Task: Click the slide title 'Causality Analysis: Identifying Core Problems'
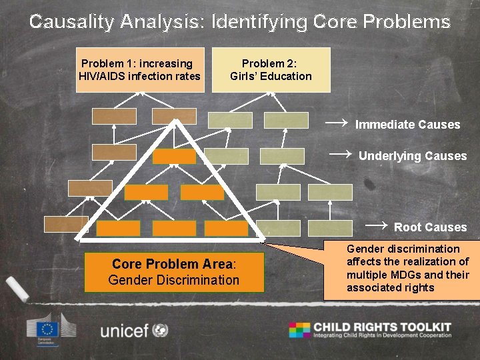tap(240, 21)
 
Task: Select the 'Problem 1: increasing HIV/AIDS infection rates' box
tap(139, 69)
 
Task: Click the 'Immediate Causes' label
tap(407, 125)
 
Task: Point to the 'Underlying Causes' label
tap(413, 156)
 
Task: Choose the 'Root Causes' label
tap(430, 227)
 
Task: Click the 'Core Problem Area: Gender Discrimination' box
tap(173, 272)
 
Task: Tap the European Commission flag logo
tap(47, 329)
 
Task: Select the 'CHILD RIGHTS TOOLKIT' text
tap(382, 327)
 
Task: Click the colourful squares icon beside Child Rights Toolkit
tap(299, 329)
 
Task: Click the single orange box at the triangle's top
tap(174, 157)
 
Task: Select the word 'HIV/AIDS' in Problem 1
tap(102, 76)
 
